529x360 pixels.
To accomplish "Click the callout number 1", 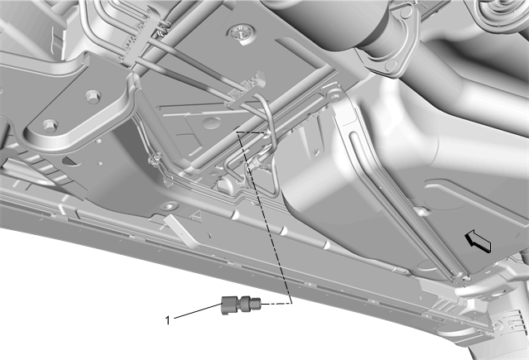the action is point(168,319).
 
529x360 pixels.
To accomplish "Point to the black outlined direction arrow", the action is point(478,241).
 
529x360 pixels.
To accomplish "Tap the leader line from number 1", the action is point(197,310).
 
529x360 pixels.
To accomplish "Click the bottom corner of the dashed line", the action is point(291,304).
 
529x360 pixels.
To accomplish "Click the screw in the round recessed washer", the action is point(240,34).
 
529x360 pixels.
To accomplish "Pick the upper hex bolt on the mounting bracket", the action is point(92,97).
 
